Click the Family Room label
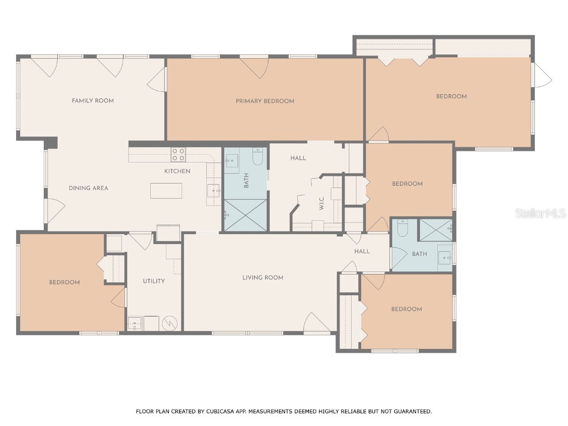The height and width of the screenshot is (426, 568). pos(93,100)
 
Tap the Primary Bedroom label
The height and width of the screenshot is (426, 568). pos(265,101)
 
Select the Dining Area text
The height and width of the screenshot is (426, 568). pos(88,188)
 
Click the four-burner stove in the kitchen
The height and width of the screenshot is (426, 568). pos(178,154)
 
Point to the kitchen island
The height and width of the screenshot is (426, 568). pos(166,190)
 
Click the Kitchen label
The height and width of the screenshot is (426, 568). pos(177,171)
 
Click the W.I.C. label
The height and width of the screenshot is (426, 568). pos(322,204)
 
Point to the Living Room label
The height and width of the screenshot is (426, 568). pos(262,277)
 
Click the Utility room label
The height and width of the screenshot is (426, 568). pos(154,281)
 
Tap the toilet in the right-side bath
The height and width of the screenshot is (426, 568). pos(403,227)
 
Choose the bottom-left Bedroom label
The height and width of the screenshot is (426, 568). pos(64,282)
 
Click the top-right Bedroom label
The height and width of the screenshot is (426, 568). pos(451,97)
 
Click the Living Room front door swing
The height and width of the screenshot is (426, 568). pos(316,323)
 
